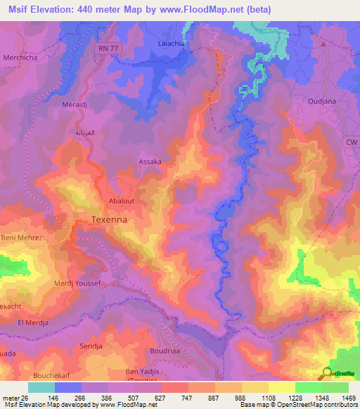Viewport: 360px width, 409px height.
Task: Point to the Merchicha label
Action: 22,56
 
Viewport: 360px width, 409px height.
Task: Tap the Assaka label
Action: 149,161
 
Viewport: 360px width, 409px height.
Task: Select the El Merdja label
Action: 32,322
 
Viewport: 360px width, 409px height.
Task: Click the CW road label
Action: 351,142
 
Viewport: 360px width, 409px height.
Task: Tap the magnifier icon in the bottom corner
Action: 326,373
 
